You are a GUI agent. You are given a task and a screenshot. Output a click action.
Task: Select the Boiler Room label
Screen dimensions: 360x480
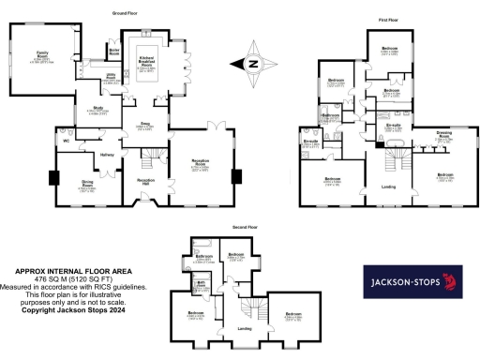point(115,51)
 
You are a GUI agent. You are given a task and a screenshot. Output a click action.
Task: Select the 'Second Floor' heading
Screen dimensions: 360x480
point(246,227)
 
